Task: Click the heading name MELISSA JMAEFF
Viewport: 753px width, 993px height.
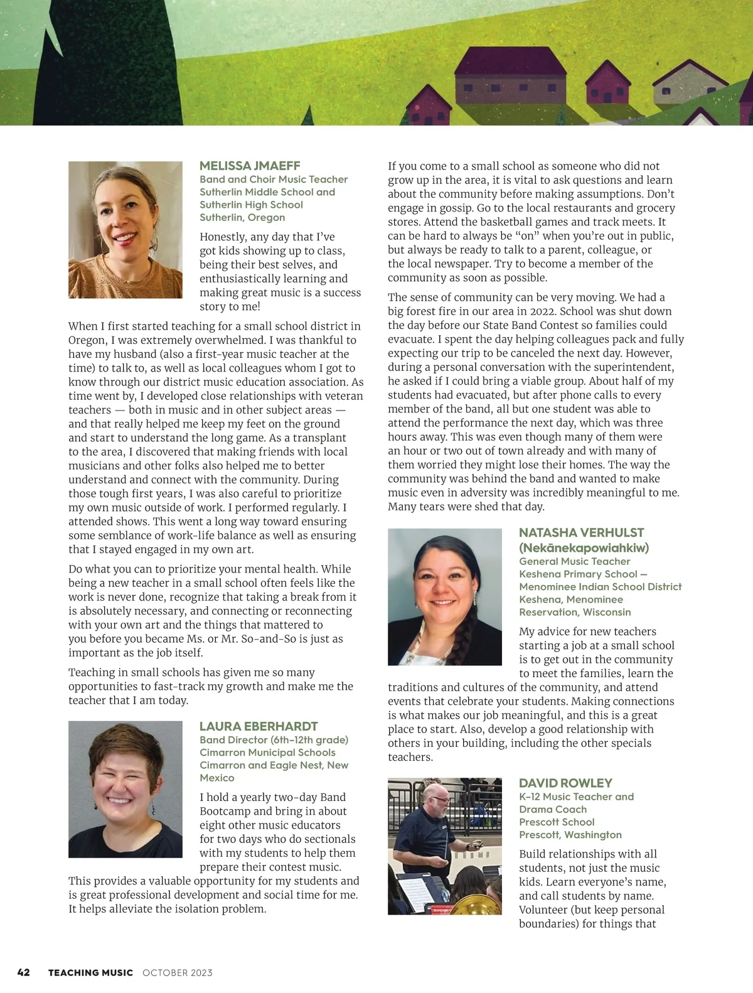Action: coord(250,166)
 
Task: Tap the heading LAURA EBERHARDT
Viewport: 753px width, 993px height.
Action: coord(259,726)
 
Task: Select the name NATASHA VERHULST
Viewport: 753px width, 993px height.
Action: coord(581,532)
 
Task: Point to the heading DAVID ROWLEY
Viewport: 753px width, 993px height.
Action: coord(565,783)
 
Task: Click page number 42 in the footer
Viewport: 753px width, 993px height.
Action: coord(24,972)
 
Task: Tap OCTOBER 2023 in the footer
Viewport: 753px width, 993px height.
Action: coord(178,973)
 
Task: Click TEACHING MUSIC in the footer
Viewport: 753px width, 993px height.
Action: coord(90,973)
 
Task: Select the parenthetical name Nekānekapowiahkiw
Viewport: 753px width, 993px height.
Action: coord(584,547)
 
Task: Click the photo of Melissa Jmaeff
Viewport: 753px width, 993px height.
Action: coord(125,230)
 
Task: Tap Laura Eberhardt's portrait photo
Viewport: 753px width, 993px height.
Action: coord(125,789)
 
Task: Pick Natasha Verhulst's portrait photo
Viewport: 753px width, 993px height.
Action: coord(444,596)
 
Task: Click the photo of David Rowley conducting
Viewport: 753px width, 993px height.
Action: coord(444,845)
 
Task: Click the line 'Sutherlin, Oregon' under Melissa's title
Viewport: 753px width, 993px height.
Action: coord(242,217)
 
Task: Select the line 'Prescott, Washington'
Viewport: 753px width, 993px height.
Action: coord(570,835)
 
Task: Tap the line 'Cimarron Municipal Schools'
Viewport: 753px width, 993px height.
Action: coord(267,752)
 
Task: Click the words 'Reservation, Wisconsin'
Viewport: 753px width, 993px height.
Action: coord(575,612)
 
